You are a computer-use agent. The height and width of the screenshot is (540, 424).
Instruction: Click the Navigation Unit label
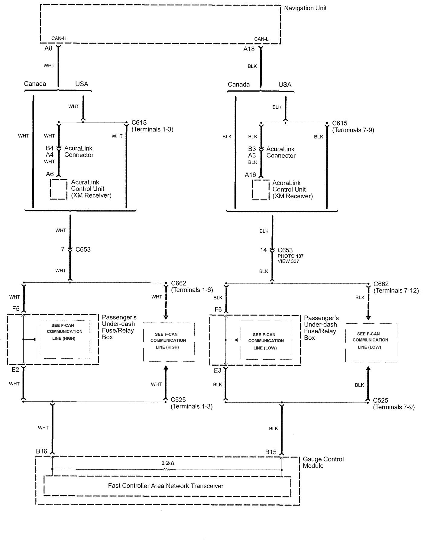[305, 8]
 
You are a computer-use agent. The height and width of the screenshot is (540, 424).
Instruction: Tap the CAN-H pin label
[59, 38]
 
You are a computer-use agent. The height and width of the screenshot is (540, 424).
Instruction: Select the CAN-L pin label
[261, 39]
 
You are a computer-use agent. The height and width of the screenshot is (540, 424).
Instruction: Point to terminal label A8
[48, 48]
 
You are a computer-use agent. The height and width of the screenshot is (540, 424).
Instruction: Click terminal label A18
[249, 49]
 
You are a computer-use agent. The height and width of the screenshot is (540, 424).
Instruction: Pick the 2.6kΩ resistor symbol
[167, 469]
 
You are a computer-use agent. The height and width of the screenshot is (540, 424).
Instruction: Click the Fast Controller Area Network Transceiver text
[166, 486]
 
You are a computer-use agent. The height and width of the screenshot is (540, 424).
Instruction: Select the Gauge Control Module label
[323, 462]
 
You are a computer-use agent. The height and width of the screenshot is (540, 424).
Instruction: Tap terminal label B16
[41, 451]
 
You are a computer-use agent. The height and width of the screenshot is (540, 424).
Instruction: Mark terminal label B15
[271, 452]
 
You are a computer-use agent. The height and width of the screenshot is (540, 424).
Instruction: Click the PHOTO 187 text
[290, 256]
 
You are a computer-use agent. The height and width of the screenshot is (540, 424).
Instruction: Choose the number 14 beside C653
[264, 250]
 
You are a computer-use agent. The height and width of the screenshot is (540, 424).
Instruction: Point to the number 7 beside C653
[63, 249]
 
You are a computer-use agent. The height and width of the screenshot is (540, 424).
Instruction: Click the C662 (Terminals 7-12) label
[396, 287]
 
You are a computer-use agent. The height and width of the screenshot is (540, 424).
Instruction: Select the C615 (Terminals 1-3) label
[152, 126]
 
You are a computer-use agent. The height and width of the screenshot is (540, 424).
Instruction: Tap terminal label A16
[250, 175]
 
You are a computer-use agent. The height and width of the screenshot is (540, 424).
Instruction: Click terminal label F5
[16, 309]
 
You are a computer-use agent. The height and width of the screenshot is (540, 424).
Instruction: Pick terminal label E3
[218, 370]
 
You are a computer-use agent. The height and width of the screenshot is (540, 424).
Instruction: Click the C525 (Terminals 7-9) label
[393, 404]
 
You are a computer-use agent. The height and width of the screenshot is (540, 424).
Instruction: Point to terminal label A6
[50, 174]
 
